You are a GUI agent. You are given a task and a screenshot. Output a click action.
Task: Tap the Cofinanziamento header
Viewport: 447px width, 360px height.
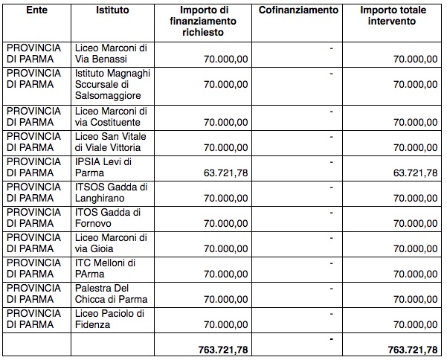pyautogui.click(x=298, y=11)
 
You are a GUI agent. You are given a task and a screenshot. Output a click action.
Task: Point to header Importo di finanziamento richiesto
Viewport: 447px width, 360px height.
pyautogui.click(x=213, y=22)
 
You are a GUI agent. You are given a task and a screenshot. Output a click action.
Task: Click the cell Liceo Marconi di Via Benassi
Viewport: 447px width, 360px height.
pyautogui.click(x=112, y=54)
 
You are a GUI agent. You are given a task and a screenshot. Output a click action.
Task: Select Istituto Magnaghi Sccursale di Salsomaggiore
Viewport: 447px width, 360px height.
pyautogui.click(x=112, y=85)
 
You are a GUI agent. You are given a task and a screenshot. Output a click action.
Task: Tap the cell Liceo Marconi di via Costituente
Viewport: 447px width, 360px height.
pyautogui.click(x=112, y=117)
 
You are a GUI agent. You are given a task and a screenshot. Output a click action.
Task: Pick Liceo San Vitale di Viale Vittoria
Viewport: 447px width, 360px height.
pyautogui.click(x=112, y=142)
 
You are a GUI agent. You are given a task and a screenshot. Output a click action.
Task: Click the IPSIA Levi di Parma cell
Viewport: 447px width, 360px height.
pyautogui.click(x=112, y=167)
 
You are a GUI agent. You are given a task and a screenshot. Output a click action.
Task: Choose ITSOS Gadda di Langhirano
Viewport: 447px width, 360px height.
pyautogui.click(x=112, y=193)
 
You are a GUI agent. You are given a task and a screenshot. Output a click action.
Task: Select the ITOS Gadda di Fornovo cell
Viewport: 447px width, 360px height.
pyautogui.click(x=112, y=218)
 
